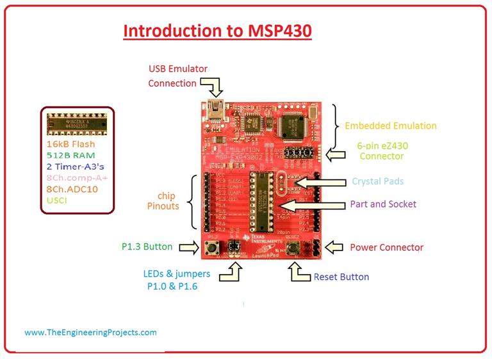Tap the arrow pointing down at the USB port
point(211,85)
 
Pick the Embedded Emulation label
point(390,126)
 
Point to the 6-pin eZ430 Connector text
point(383,151)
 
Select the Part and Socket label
point(383,204)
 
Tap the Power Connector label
point(386,247)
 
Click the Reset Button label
point(341,277)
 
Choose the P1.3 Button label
point(148,246)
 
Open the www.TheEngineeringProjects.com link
point(90,332)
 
